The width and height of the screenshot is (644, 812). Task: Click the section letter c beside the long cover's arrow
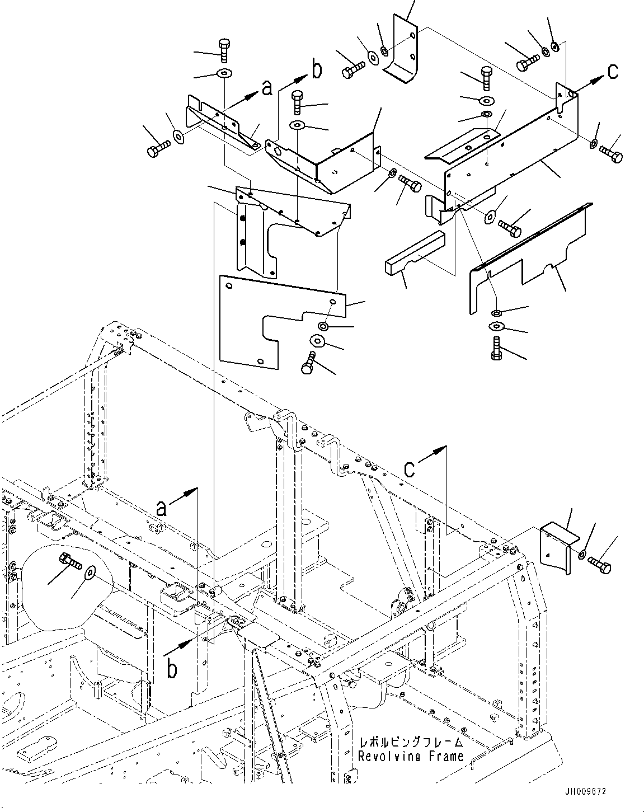point(613,71)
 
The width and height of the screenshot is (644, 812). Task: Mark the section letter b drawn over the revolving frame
point(172,668)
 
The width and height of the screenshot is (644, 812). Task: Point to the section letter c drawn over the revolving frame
point(410,469)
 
